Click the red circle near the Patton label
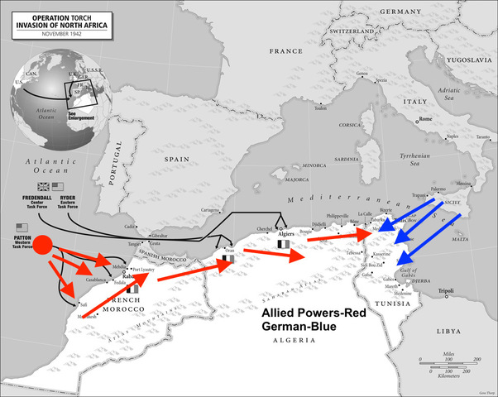coord(43,245)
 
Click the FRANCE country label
coord(287,51)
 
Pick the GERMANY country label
coord(402,12)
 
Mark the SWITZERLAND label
coord(352,31)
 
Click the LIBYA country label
coord(448,331)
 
